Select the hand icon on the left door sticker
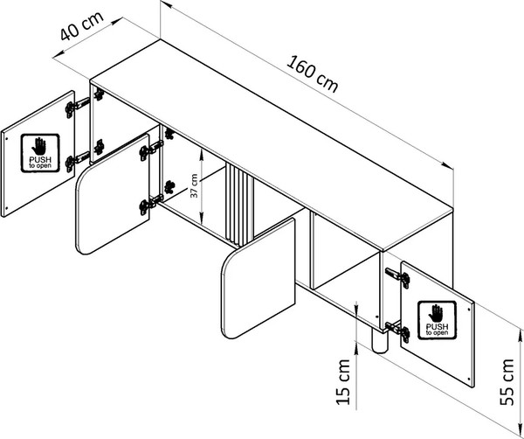(40, 145)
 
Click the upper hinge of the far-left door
(77, 105)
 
